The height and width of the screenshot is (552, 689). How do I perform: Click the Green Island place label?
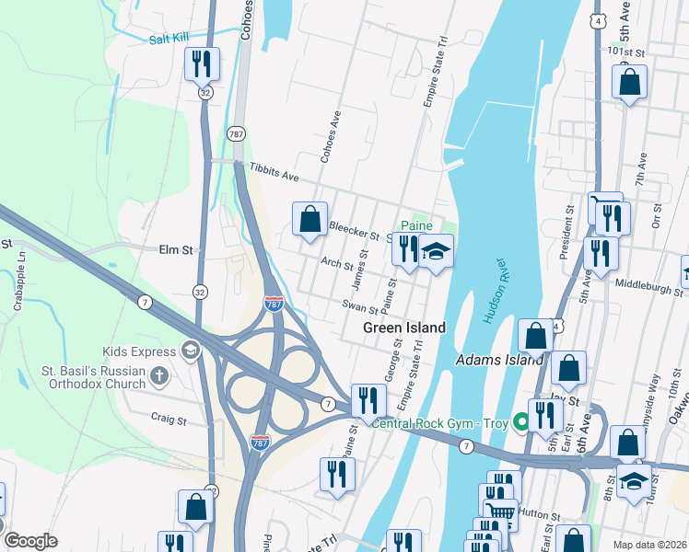coord(404,328)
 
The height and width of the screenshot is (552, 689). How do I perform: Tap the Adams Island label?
coord(500,360)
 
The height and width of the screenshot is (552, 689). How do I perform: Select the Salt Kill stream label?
coord(169,39)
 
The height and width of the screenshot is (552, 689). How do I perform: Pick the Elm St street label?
coord(175,249)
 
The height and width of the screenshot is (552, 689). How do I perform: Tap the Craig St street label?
coord(169,419)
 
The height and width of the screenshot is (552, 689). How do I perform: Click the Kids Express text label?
coord(139,351)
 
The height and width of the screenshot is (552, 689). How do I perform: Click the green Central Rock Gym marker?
coord(521,422)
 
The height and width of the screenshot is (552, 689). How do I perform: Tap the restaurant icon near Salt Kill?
coord(201,64)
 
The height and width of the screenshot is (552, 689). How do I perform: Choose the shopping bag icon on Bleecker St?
coord(310,220)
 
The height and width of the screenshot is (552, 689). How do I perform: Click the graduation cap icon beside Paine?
coord(436,249)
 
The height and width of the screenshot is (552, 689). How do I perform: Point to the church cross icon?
coord(159,375)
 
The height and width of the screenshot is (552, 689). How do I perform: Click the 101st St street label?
coord(629,53)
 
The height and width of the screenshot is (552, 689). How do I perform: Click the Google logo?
coord(30,541)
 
